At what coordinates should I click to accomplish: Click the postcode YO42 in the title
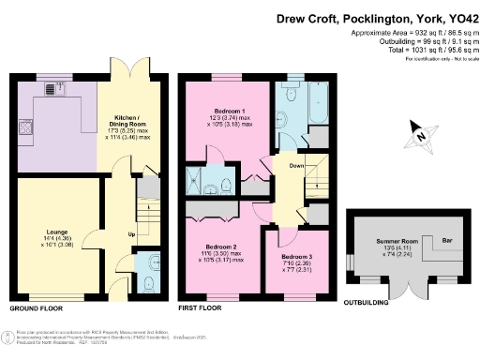[x=458, y=17]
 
